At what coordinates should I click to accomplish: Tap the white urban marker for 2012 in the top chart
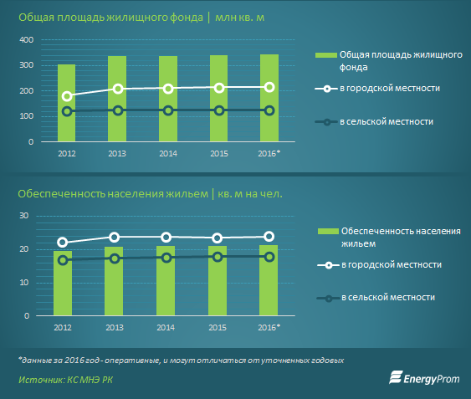point(67,96)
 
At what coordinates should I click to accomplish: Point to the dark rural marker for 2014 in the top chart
point(168,110)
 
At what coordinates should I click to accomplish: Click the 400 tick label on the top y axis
point(27,39)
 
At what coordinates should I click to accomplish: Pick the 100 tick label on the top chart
point(27,116)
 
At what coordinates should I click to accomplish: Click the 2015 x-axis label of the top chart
point(219,154)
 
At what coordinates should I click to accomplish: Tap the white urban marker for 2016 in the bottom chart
point(269,237)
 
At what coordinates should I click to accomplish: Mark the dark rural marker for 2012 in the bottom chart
point(63,260)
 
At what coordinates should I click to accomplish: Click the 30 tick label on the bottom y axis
point(23,216)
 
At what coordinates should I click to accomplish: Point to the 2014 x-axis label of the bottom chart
point(166,327)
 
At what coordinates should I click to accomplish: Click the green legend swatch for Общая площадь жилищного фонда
point(326,55)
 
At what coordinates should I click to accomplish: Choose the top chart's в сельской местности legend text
point(387,121)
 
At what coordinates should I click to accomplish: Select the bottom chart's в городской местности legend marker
point(329,265)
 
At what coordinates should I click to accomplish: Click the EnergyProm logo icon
point(396,377)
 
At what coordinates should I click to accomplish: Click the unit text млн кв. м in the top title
point(240,18)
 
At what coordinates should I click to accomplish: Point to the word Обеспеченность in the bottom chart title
point(61,194)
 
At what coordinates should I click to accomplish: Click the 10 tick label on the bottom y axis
point(23,283)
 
